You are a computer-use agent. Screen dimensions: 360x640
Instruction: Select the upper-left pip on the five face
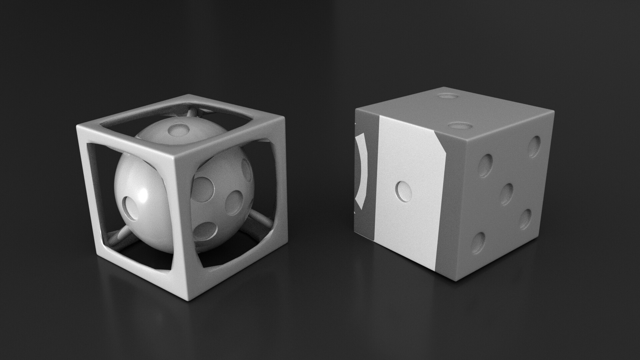click(485, 165)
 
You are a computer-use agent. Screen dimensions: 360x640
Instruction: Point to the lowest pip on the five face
click(479, 243)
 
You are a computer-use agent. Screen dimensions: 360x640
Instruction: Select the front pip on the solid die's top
click(460, 126)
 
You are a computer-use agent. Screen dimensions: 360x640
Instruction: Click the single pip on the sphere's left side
click(131, 208)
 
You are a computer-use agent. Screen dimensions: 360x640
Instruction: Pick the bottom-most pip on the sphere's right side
click(204, 231)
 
